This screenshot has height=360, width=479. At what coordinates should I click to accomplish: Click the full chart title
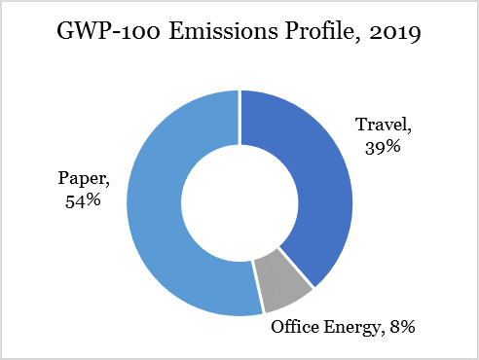239,37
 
